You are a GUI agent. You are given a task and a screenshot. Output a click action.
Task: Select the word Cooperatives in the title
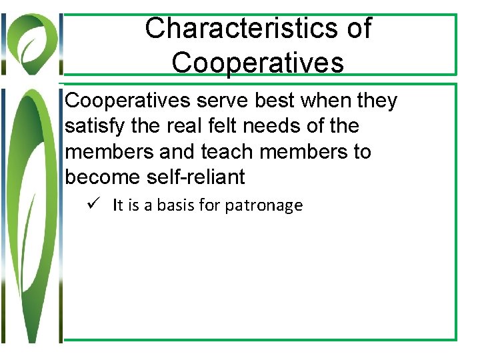pos(257,63)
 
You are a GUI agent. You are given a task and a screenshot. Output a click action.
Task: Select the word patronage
pos(263,205)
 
